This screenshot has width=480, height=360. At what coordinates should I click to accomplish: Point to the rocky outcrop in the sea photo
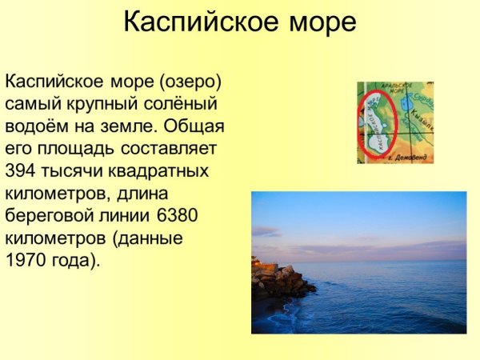[x=280, y=282]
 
